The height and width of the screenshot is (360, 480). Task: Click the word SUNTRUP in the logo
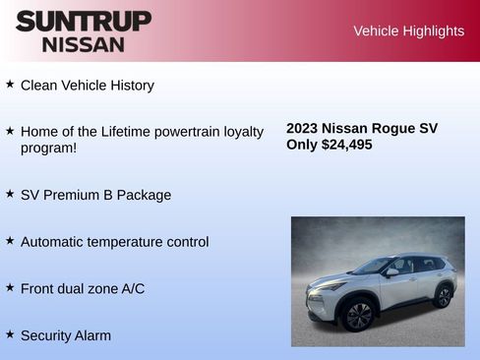84,21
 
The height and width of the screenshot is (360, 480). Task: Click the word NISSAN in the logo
84,44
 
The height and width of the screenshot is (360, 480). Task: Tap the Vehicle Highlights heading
408,31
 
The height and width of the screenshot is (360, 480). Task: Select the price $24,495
347,145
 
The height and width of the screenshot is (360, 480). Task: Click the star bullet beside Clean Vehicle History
10,85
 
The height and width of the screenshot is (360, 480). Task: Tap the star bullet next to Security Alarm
10,334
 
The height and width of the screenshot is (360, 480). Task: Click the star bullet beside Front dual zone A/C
10,287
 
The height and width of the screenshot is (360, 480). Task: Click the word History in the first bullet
129,86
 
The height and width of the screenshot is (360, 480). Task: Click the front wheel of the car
357,315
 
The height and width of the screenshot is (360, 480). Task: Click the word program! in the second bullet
49,149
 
